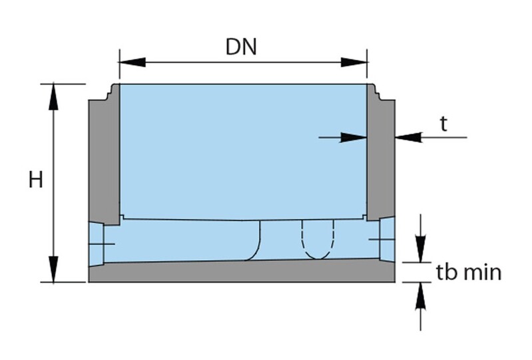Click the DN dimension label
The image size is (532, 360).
[241, 47]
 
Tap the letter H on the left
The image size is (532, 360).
[36, 180]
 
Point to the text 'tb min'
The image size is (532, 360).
[469, 272]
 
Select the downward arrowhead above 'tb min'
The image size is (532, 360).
[420, 250]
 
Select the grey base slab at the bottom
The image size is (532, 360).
[240, 271]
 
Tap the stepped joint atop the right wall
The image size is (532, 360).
[377, 92]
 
